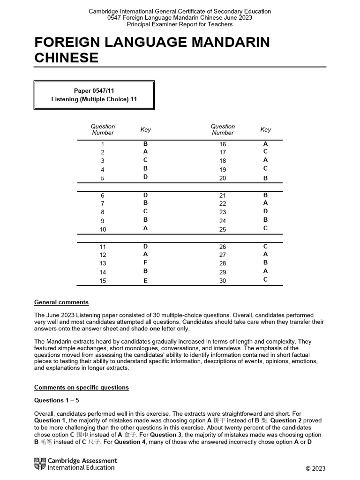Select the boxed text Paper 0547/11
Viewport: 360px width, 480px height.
94,90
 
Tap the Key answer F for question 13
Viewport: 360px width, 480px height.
145,263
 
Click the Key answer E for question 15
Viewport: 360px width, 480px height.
145,281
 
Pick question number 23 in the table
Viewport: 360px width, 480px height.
223,212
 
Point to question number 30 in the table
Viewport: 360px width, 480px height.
223,281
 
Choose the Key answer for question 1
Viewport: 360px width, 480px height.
145,144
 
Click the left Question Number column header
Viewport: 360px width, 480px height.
103,129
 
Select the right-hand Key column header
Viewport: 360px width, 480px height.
265,129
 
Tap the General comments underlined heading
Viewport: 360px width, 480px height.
61,302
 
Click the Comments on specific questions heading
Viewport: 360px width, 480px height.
81,388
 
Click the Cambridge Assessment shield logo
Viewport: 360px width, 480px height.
40,464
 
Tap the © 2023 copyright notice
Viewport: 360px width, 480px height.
315,468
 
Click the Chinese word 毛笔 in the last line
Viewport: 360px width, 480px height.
46,442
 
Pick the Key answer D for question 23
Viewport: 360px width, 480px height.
265,211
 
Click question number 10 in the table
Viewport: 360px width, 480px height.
103,230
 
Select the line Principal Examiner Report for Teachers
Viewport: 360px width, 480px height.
180,24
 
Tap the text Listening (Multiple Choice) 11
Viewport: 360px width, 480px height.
94,99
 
